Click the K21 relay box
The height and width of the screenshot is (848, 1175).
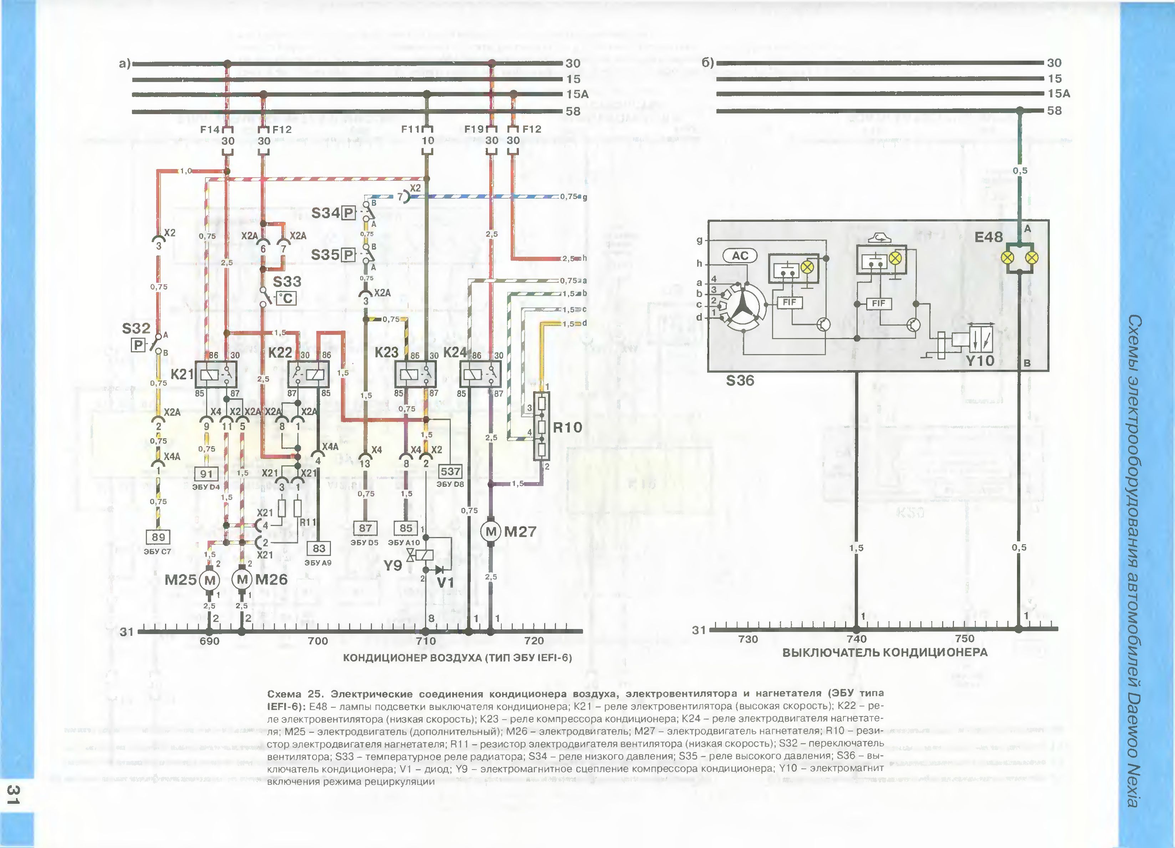(215, 374)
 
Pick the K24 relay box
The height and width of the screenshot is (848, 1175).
(481, 374)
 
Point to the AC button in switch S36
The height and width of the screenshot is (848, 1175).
(740, 255)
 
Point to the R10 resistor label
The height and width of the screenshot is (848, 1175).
(567, 427)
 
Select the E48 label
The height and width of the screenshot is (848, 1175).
(988, 237)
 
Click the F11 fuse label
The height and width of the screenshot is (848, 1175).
(411, 129)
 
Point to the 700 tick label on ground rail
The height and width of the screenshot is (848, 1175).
(318, 641)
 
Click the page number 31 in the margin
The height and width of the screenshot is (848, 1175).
(14, 795)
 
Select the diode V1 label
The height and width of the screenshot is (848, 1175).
(445, 583)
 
